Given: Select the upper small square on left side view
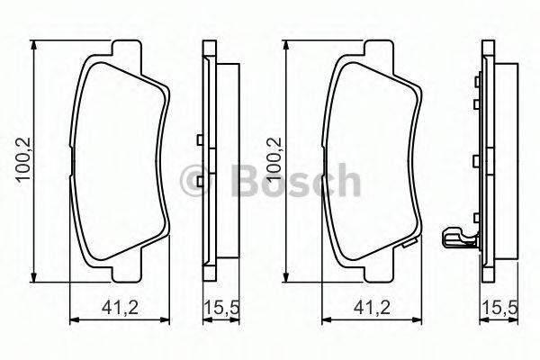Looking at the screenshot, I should pyautogui.click(x=197, y=139).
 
